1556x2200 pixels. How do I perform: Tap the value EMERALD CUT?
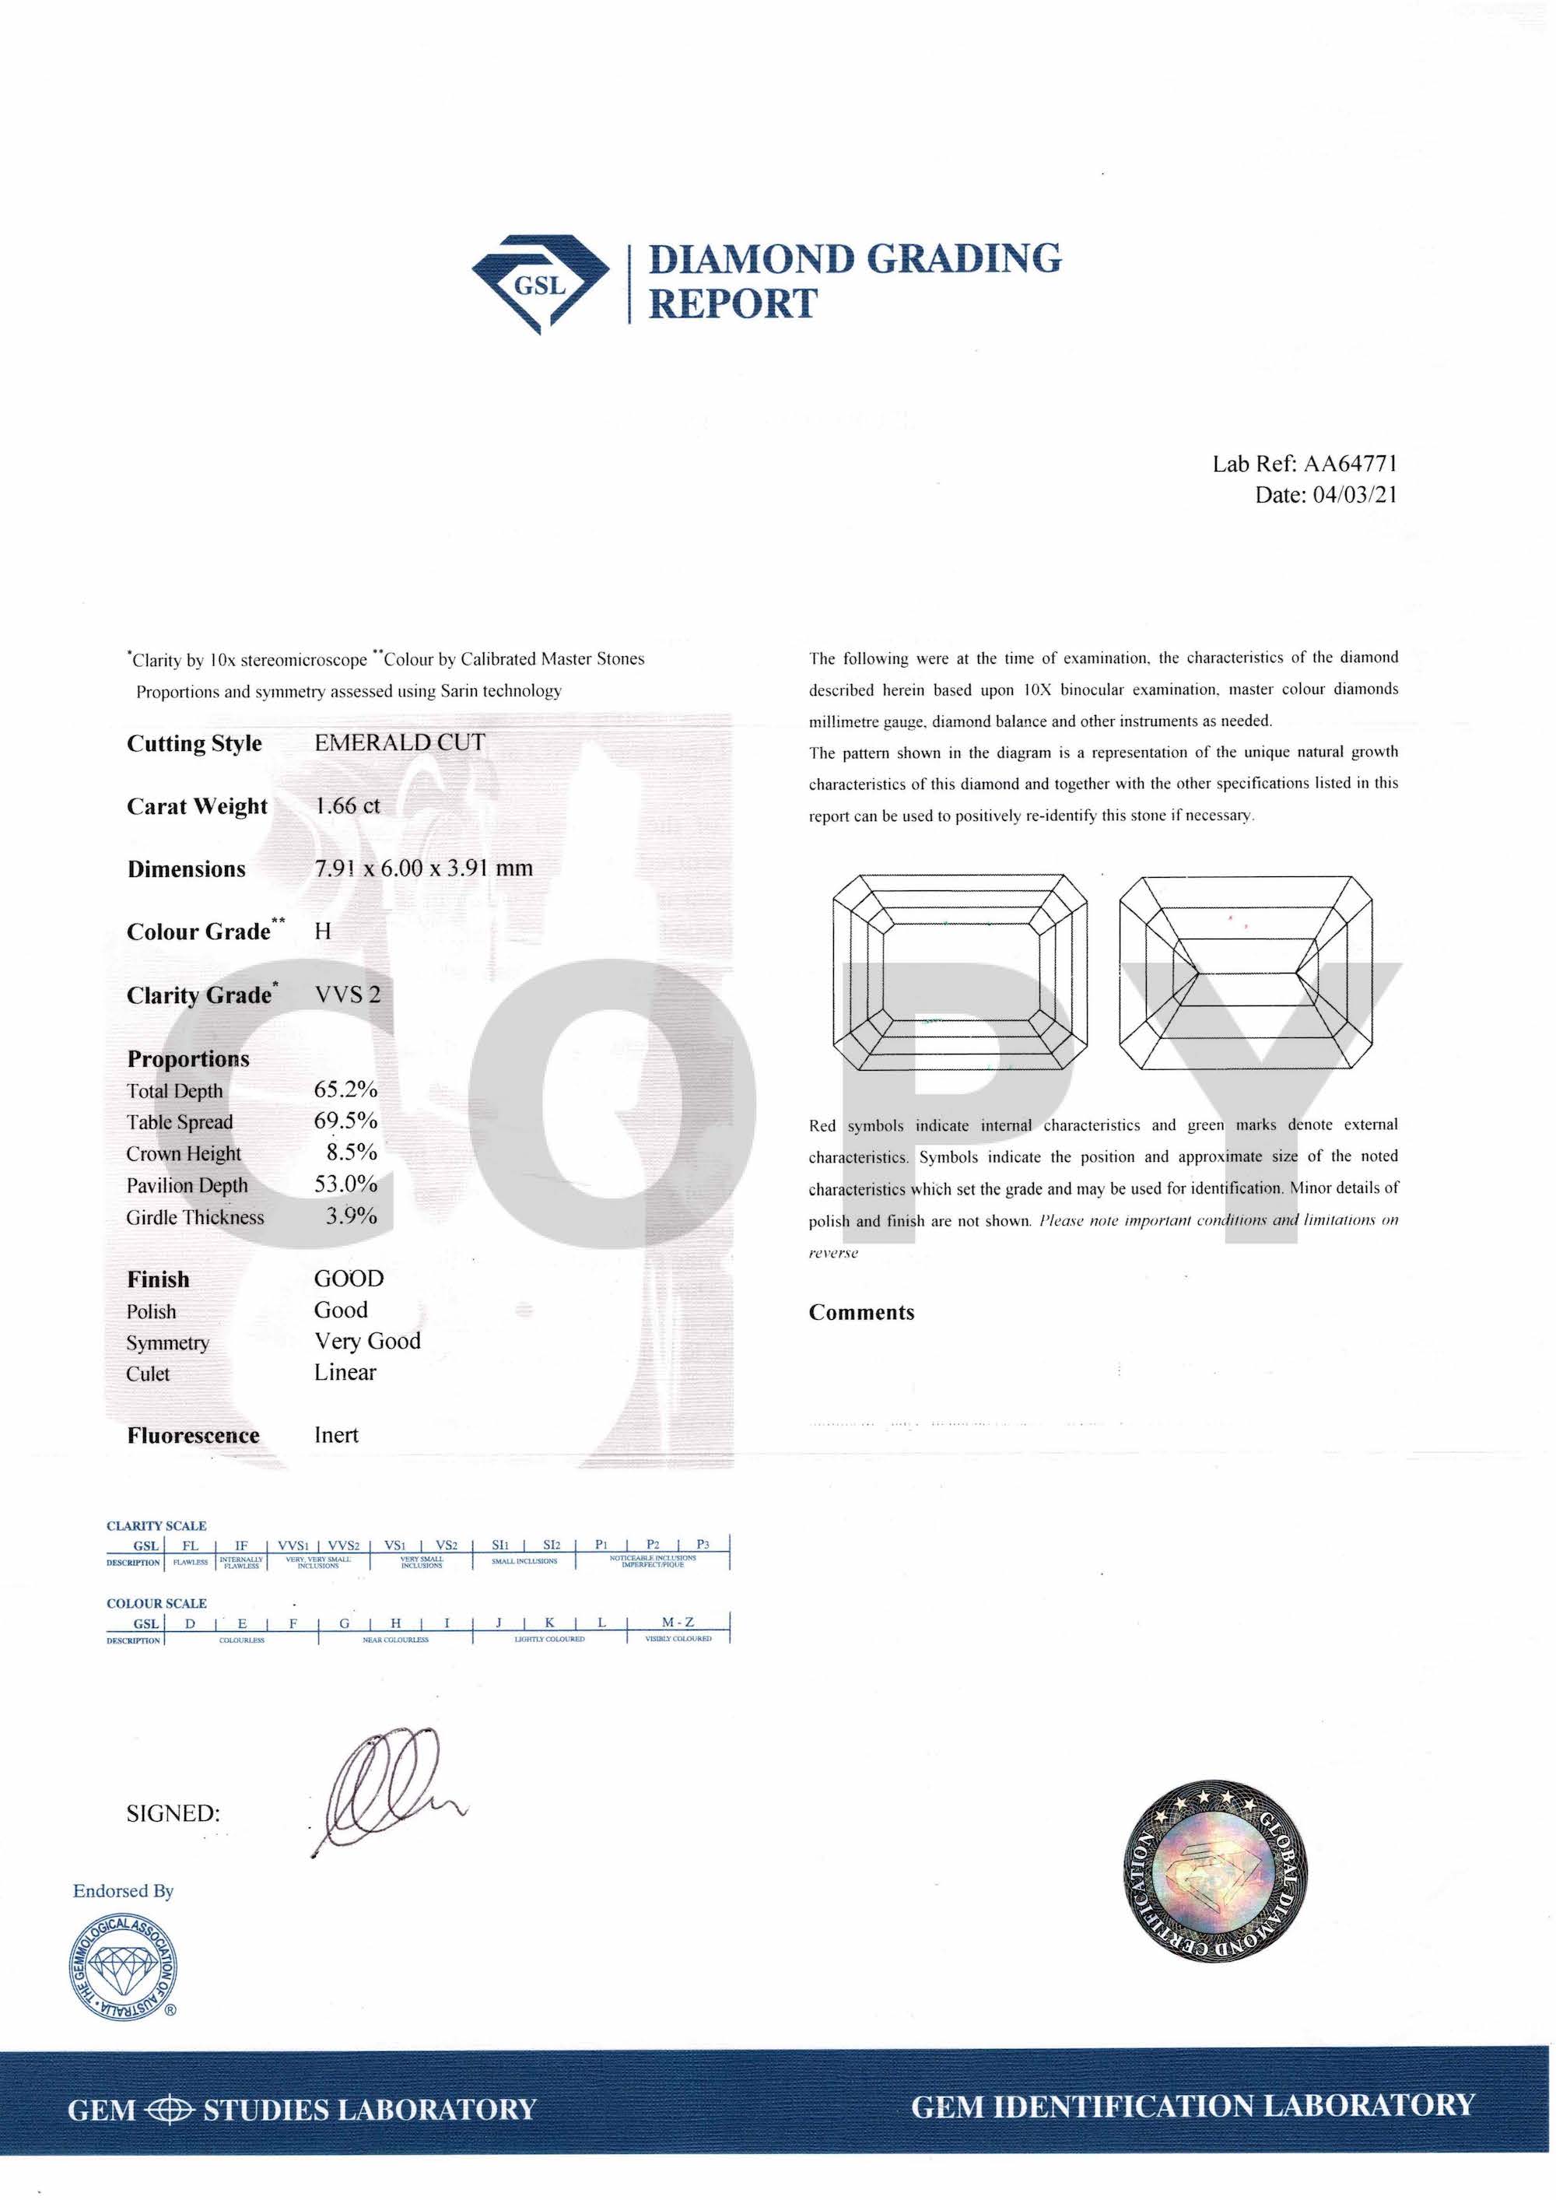point(400,742)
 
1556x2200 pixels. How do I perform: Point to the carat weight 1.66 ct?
point(347,805)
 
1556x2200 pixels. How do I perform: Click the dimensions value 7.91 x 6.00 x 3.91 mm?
point(423,868)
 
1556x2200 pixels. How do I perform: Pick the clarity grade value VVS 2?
point(347,995)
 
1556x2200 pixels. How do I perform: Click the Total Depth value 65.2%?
point(345,1089)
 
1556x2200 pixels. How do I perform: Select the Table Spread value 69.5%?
point(345,1121)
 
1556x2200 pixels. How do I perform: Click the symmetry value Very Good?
point(367,1342)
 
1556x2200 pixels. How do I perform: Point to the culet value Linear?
point(345,1372)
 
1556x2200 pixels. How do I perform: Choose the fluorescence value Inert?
point(336,1434)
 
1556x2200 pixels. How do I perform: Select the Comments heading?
point(861,1313)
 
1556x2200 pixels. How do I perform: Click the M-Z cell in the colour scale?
point(678,1623)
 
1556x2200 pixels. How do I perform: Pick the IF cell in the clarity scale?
point(241,1546)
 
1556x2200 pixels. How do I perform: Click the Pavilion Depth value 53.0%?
point(345,1184)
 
